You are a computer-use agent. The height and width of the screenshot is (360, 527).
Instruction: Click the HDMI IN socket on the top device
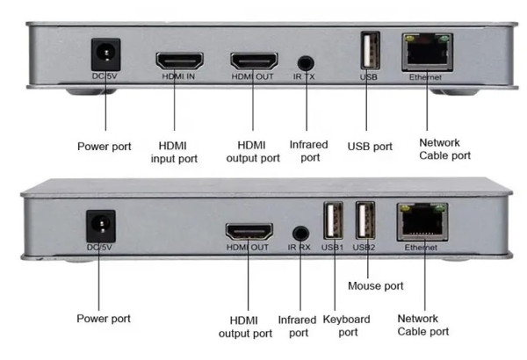tap(180, 61)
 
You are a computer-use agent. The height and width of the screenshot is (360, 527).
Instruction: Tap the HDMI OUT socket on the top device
tap(254, 61)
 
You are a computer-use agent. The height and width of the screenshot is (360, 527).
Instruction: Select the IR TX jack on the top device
tap(306, 63)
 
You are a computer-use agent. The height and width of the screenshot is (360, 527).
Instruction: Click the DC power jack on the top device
tap(105, 55)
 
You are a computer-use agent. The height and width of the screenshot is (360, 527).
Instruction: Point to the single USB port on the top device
tap(369, 52)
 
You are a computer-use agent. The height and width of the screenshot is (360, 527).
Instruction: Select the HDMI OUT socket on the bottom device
tap(249, 233)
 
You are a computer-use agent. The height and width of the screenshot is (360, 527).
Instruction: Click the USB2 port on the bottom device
tap(365, 222)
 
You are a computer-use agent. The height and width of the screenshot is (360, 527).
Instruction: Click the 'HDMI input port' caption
tap(178, 152)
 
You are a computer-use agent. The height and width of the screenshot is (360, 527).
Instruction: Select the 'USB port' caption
tap(370, 147)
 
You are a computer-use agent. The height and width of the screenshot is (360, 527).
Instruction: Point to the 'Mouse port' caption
tap(375, 285)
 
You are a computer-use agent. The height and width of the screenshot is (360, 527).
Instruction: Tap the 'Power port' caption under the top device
tap(105, 147)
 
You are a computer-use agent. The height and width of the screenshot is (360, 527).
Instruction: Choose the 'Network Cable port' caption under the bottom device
tap(423, 325)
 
